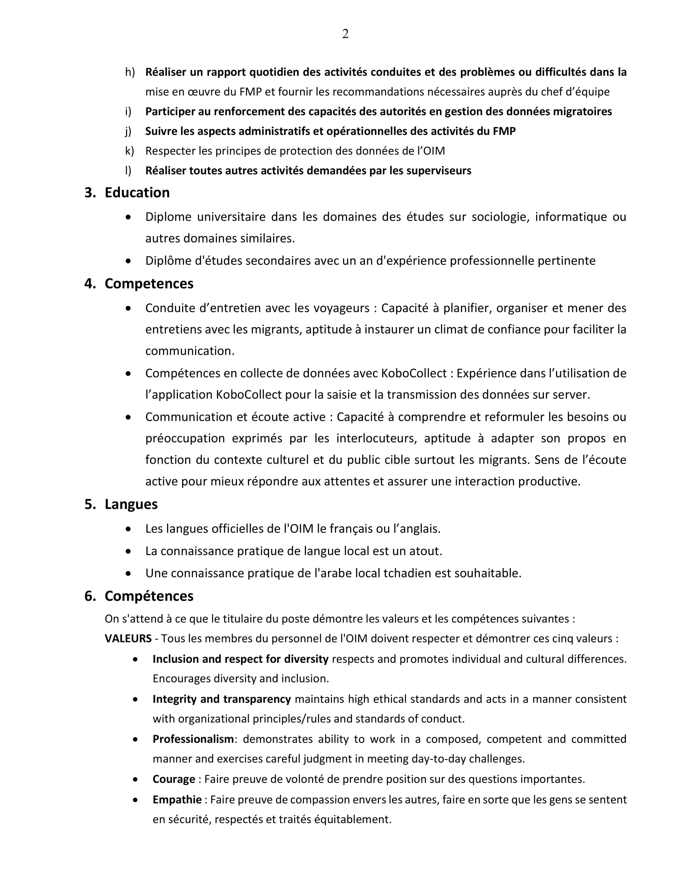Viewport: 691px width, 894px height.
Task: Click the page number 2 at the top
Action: click(345, 34)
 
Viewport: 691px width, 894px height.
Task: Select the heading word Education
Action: click(137, 193)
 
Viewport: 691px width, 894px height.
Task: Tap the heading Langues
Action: click(131, 504)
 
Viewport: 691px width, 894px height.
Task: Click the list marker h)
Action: click(130, 72)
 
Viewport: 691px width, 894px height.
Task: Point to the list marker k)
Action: click(129, 151)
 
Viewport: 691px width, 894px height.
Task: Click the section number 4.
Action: click(90, 284)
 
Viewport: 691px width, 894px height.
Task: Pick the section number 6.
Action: click(90, 596)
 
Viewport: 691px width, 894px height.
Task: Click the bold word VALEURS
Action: click(128, 638)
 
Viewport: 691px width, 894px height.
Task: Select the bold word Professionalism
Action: click(193, 739)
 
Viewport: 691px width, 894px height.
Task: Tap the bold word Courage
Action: click(174, 779)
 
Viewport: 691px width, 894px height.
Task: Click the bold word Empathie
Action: click(177, 799)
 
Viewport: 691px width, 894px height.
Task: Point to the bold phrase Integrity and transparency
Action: click(222, 699)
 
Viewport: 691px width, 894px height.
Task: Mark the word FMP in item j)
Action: click(504, 131)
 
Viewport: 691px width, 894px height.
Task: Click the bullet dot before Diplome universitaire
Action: click(129, 217)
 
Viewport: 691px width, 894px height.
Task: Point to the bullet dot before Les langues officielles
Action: click(129, 529)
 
